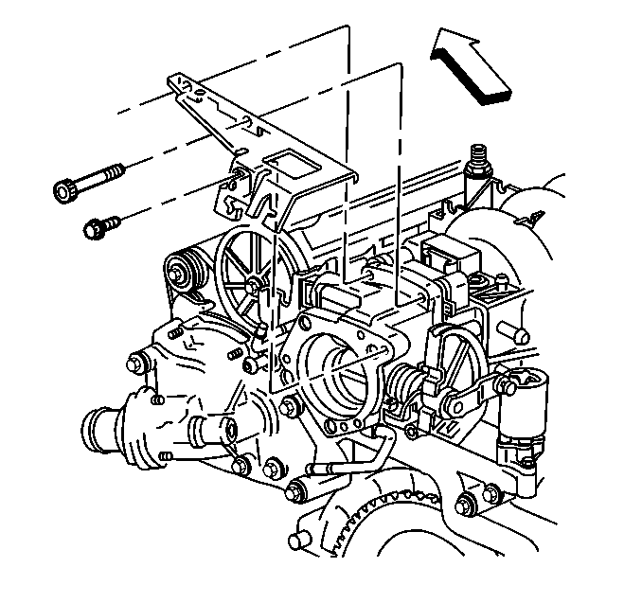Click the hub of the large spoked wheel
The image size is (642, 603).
[x=254, y=282]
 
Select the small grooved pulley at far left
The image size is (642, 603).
[x=182, y=271]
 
